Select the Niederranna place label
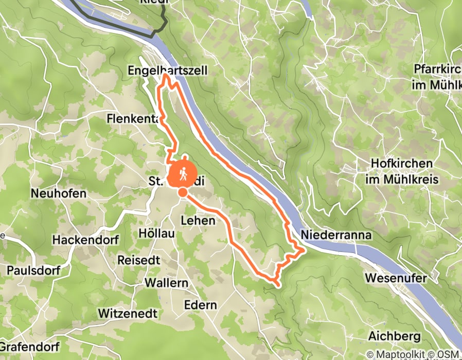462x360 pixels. click(336, 235)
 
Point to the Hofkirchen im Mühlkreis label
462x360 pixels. click(401, 171)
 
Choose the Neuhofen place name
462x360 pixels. click(58, 194)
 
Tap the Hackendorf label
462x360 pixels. click(86, 240)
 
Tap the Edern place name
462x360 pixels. click(199, 305)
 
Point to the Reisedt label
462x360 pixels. click(139, 259)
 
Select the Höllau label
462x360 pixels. click(157, 232)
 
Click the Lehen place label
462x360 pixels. click(197, 220)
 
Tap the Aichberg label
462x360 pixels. click(395, 337)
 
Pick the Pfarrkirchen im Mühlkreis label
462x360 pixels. click(436, 77)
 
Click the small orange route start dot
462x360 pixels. click(183, 192)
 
